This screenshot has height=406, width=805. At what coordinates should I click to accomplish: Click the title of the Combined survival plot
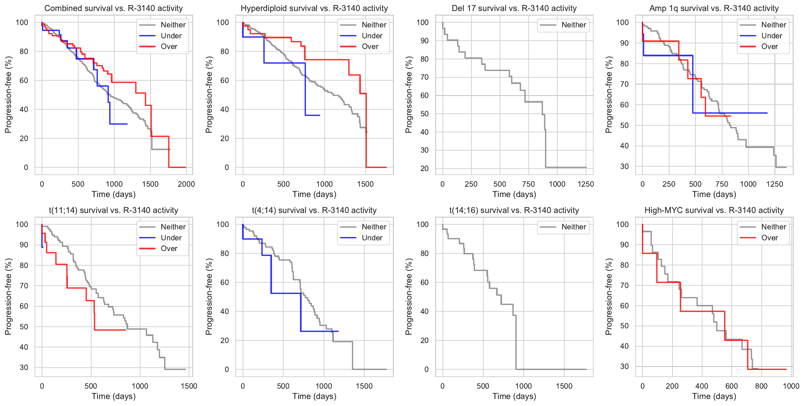click(114, 8)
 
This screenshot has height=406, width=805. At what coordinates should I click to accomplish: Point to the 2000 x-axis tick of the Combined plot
click(186, 184)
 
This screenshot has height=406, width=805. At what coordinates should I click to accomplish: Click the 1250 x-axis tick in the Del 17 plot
click(586, 184)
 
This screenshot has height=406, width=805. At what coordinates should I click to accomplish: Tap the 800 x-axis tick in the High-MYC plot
click(761, 386)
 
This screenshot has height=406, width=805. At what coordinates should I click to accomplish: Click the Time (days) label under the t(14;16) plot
click(514, 396)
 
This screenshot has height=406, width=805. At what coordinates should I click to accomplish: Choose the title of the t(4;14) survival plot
click(314, 210)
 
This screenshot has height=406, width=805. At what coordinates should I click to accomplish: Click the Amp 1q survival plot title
click(714, 8)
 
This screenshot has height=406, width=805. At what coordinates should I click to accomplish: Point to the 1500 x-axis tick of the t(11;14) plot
click(189, 386)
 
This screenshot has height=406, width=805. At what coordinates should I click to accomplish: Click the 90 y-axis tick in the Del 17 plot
click(424, 41)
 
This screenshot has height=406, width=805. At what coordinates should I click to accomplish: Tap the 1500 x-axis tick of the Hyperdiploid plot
click(365, 184)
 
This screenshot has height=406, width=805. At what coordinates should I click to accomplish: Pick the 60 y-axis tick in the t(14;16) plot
click(424, 282)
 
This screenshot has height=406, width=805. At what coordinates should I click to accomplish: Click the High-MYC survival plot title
click(714, 210)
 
